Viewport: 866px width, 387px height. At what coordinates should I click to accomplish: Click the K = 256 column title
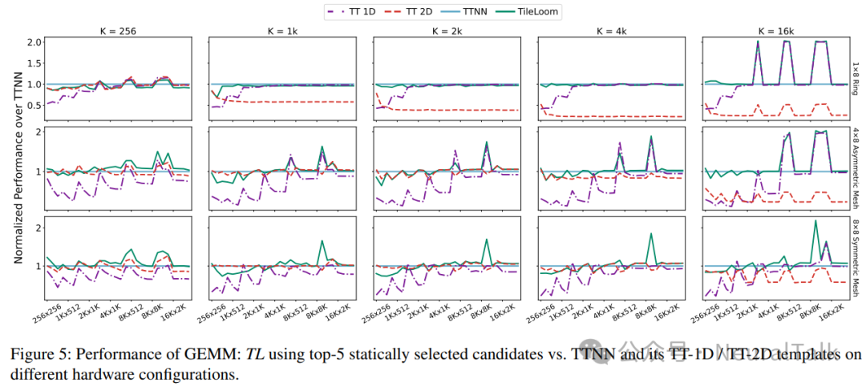click(x=118, y=31)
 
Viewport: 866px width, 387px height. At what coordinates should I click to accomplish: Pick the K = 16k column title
click(x=777, y=31)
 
